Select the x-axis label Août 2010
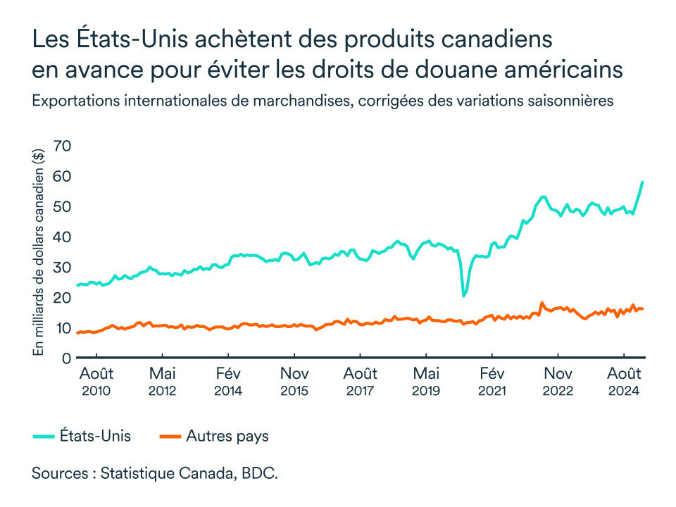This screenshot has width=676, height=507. [x=96, y=381]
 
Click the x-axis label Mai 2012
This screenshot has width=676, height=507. [x=163, y=381]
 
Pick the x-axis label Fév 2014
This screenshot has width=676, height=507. [x=228, y=381]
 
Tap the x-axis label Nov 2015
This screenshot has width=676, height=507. [x=294, y=381]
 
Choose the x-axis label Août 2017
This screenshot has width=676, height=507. [x=361, y=381]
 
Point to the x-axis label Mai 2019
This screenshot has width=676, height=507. [x=426, y=381]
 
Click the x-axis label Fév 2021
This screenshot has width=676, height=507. [x=492, y=381]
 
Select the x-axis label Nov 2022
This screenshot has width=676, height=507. [x=558, y=381]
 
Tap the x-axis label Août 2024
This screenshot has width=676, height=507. [x=624, y=381]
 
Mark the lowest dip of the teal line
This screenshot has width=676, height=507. [x=464, y=296]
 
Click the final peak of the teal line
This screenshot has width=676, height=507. [x=642, y=182]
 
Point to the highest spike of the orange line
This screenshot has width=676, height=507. [x=542, y=303]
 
